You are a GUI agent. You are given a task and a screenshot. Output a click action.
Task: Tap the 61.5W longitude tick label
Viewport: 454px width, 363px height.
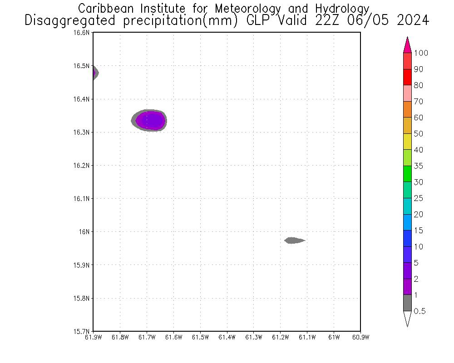point(200,337)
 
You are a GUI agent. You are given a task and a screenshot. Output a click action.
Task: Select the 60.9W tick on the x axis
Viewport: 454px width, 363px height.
point(360,337)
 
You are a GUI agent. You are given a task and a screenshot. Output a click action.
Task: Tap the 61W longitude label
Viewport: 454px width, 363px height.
point(334,337)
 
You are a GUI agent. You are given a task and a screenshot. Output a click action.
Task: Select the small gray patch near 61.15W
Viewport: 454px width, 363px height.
point(294,240)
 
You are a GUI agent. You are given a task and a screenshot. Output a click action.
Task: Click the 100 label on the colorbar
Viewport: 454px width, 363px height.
point(421,53)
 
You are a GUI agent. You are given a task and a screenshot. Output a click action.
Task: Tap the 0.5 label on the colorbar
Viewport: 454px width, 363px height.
point(419,311)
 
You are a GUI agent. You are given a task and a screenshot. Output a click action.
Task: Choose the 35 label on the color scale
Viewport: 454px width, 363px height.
point(418,166)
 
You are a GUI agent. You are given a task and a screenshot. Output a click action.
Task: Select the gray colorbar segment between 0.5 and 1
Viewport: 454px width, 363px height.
point(407,303)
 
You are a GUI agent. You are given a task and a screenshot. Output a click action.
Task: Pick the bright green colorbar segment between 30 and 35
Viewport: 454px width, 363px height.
point(407,174)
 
